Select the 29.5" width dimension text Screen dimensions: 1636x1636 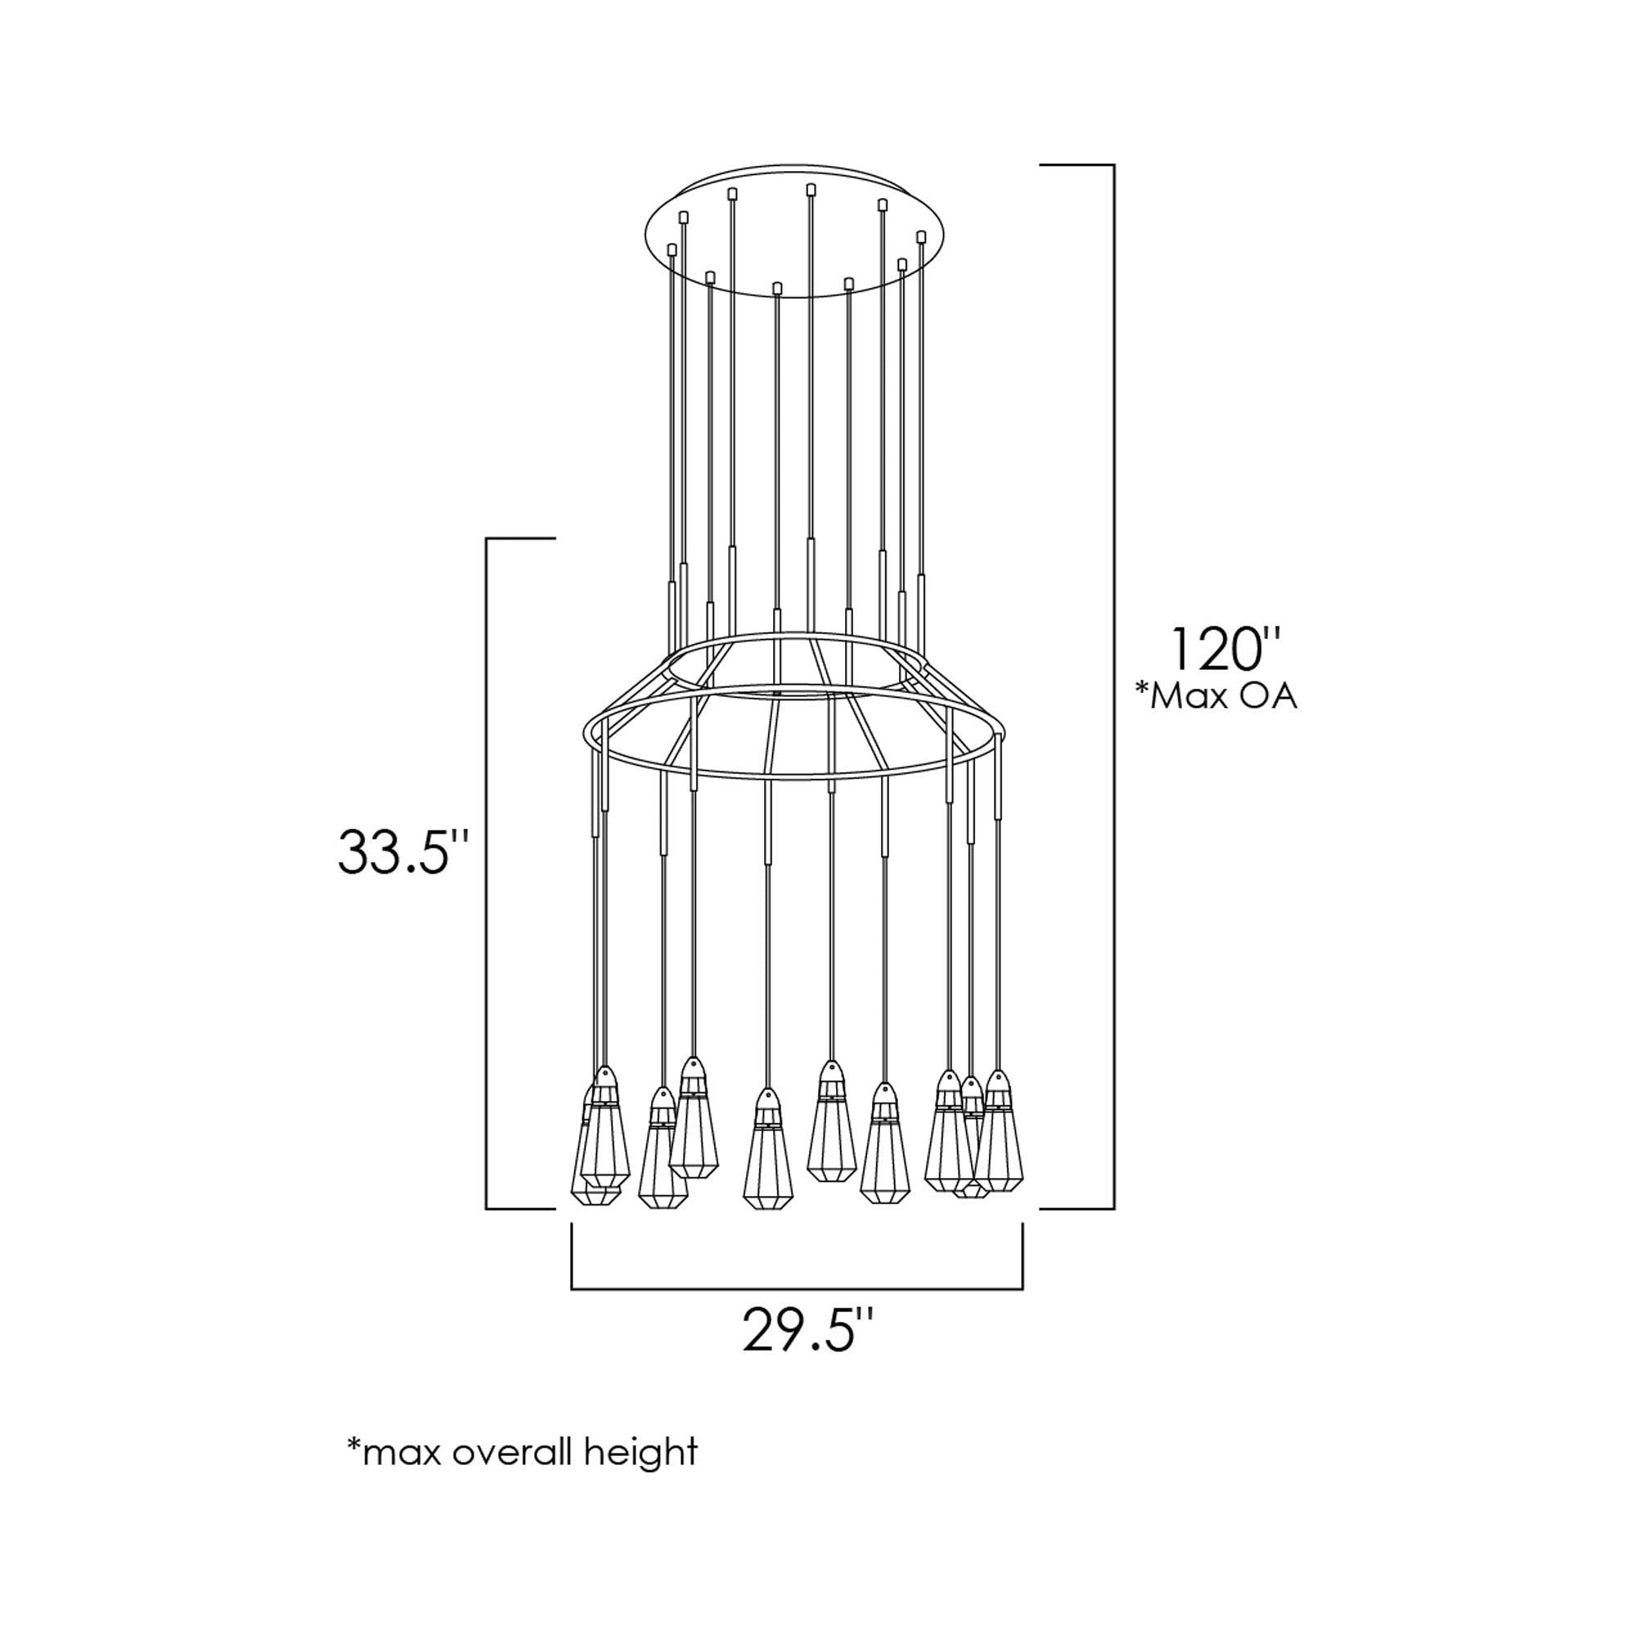[x=808, y=1329]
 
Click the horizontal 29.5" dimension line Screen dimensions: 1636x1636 [x=797, y=1289]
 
